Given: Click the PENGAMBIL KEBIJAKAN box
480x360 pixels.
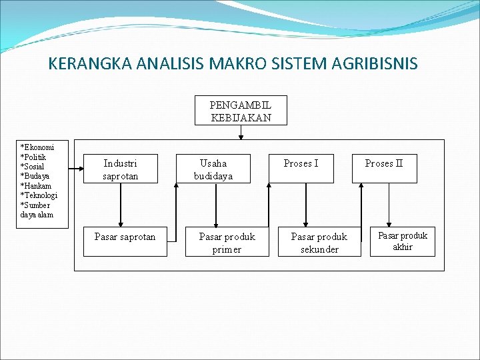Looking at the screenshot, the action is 241,110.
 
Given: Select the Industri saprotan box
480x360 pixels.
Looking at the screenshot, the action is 120,169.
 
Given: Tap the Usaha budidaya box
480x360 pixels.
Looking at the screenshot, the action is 213,169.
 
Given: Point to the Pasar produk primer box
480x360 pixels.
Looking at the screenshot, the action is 227,243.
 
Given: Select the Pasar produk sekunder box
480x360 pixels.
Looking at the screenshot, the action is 319,243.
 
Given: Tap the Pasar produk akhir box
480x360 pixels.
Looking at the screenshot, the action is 403,241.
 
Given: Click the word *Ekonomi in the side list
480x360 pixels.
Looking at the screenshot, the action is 36,147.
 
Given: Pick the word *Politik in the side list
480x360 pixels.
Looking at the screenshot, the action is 34,157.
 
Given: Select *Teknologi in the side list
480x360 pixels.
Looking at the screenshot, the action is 39,195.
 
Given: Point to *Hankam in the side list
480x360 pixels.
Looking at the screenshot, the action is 36,186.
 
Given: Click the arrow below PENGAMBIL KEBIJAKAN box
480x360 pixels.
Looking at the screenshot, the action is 241,133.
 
